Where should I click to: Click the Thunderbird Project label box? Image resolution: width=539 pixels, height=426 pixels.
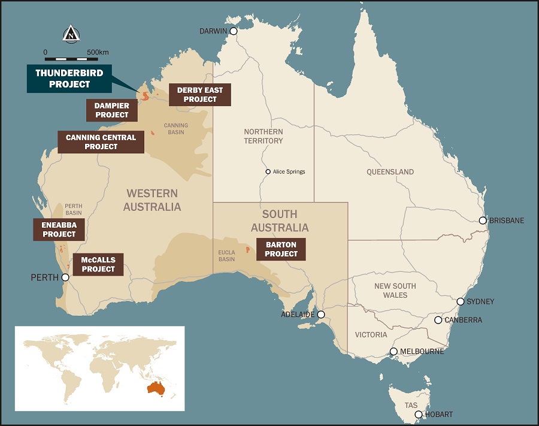pyautogui.click(x=70, y=78)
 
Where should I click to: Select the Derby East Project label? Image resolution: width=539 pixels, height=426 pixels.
pyautogui.click(x=200, y=95)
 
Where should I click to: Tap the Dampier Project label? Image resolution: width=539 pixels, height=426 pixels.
pyautogui.click(x=111, y=110)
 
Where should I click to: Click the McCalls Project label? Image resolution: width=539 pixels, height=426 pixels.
pyautogui.click(x=98, y=264)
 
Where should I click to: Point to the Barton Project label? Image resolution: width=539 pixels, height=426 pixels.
pyautogui.click(x=281, y=249)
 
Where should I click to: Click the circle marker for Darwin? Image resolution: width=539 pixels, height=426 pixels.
pyautogui.click(x=233, y=31)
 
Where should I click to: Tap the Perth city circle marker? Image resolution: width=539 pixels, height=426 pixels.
pyautogui.click(x=65, y=277)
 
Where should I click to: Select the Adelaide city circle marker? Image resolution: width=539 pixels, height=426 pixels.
pyautogui.click(x=321, y=315)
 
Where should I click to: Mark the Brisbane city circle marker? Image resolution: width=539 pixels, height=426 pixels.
pyautogui.click(x=483, y=220)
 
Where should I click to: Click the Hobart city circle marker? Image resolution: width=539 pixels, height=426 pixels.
pyautogui.click(x=419, y=415)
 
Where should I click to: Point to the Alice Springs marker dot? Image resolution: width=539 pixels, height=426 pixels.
pyautogui.click(x=268, y=172)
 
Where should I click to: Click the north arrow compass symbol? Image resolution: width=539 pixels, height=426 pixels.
pyautogui.click(x=71, y=34)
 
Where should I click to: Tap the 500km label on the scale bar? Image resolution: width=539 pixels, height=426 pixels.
pyautogui.click(x=98, y=52)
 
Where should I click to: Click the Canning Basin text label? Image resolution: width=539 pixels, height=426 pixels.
pyautogui.click(x=175, y=129)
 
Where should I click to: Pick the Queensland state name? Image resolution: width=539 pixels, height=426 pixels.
pyautogui.click(x=390, y=172)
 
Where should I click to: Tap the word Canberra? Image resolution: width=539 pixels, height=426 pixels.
pyautogui.click(x=463, y=320)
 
